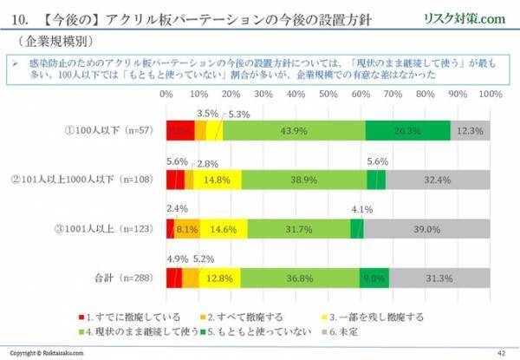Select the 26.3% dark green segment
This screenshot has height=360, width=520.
click(x=407, y=130)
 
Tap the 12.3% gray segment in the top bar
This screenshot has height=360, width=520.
click(x=470, y=130)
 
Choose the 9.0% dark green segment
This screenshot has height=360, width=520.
click(x=374, y=278)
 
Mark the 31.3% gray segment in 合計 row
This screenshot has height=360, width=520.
click(x=439, y=278)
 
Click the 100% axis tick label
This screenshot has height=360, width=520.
click(x=489, y=93)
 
